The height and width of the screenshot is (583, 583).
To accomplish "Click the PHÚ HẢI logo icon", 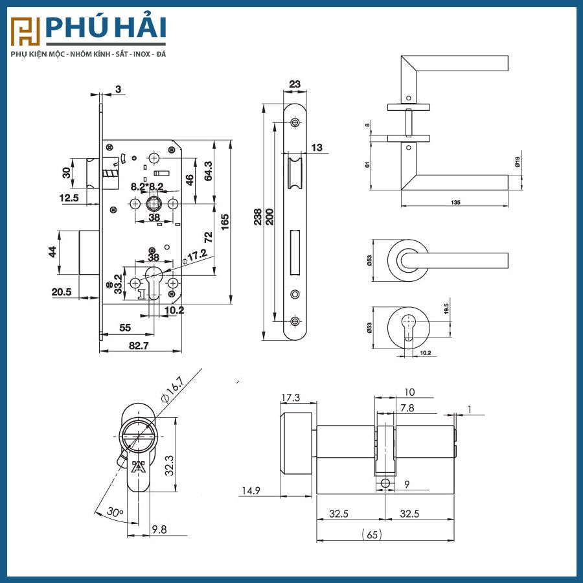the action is tap(25, 32).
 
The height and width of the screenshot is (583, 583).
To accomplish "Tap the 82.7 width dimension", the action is tap(139, 345).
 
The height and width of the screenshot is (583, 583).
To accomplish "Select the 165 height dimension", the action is tap(225, 222).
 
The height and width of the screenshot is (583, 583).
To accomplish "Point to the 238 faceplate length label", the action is tap(257, 217).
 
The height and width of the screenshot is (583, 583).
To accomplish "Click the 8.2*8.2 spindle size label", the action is tap(147, 187).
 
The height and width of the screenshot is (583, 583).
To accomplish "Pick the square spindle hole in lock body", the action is tap(154, 204).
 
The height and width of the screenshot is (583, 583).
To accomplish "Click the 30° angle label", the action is tap(115, 512).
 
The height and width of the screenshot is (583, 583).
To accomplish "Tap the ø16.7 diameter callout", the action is tap(172, 389).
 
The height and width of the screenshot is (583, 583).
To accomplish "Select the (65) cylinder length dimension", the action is tap(372, 534).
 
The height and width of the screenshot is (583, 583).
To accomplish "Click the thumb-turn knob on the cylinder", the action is tap(296, 443).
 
